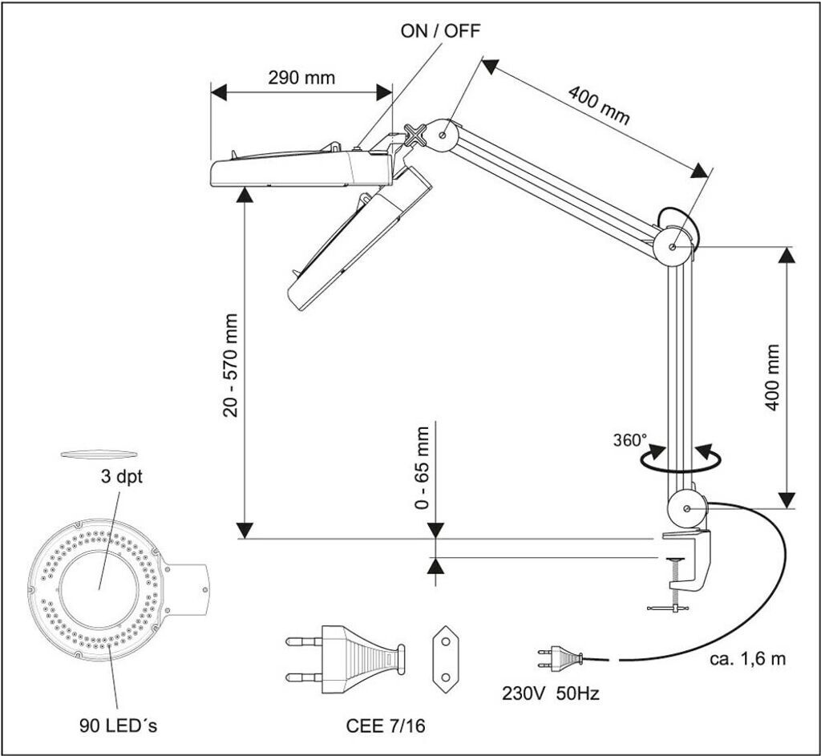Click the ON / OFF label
[x=441, y=32]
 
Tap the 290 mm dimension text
[x=301, y=78]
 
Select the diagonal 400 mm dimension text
[x=599, y=104]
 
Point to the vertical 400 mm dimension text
[x=772, y=377]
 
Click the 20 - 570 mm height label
[x=232, y=365]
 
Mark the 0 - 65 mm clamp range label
[x=423, y=469]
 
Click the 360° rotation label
[x=629, y=440]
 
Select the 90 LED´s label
[x=117, y=726]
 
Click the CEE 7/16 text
[x=386, y=726]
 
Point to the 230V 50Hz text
[x=550, y=693]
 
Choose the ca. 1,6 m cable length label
[x=748, y=660]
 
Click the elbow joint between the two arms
[x=673, y=245]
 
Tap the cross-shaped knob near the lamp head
[x=416, y=135]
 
